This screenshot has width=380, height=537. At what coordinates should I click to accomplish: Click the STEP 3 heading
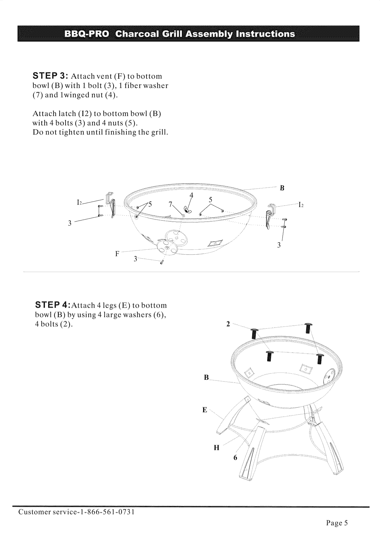point(51,76)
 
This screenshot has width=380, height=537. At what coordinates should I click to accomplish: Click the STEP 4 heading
point(53,305)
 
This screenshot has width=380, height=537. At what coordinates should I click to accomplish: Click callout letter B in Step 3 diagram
point(282,188)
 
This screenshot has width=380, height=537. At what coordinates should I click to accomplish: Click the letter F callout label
point(117,254)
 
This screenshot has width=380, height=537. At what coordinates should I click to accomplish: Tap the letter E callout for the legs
point(205,410)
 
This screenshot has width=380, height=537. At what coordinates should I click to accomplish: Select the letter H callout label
point(216,448)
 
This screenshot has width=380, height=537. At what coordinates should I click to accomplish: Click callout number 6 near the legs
point(235,458)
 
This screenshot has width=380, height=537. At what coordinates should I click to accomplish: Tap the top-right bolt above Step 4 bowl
point(307,329)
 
